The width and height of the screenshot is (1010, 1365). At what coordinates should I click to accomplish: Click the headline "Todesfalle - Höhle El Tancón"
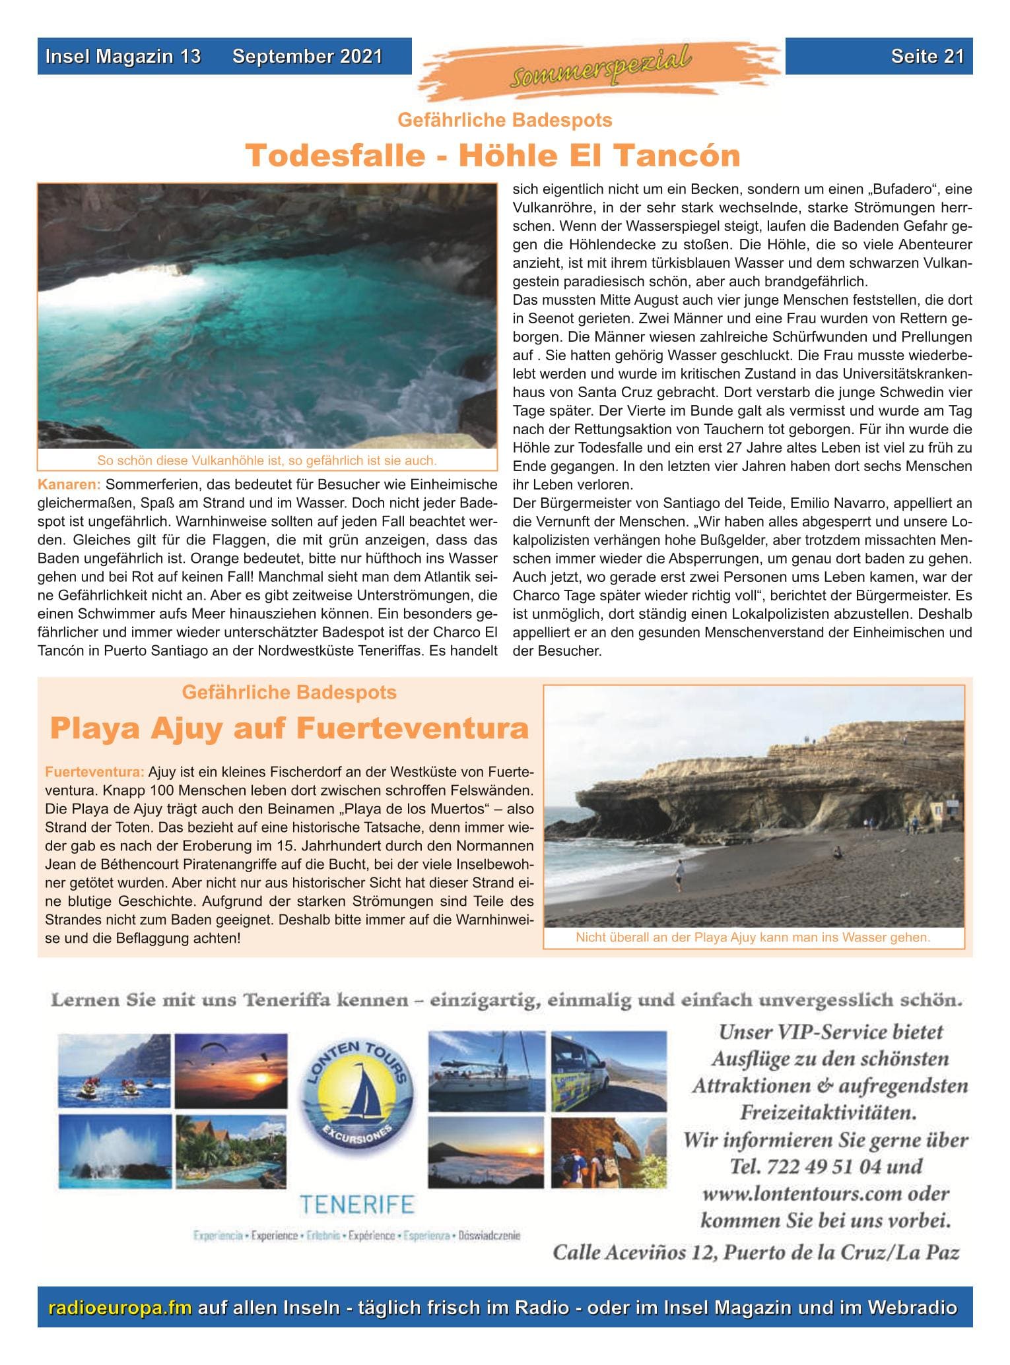coord(492,156)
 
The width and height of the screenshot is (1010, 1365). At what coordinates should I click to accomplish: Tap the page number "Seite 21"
coord(927,56)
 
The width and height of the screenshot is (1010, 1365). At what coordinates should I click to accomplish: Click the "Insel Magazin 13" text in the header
coord(123,56)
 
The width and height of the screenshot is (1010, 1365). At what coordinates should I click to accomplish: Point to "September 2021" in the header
coord(307,56)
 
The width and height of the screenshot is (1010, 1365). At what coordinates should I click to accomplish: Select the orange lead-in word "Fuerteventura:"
coord(94,772)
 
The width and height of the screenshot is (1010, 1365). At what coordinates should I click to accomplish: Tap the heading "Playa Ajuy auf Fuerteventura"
coord(289,729)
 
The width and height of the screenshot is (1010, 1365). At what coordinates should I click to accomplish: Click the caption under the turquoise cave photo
coord(267,460)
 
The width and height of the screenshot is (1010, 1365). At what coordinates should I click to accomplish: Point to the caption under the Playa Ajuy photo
coord(753,937)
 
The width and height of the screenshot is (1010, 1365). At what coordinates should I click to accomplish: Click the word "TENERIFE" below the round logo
coord(356,1205)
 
